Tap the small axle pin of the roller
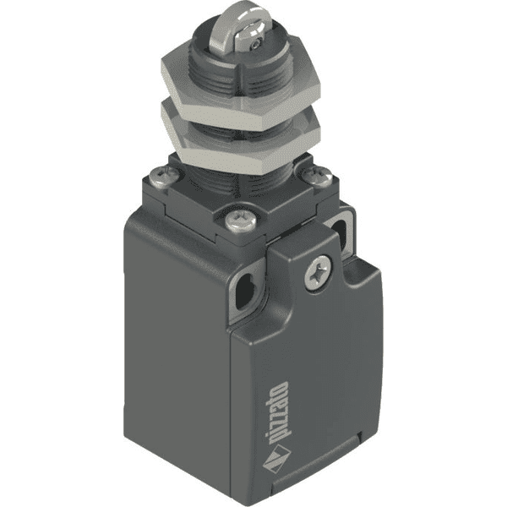click(257, 44)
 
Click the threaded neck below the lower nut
click(239, 184)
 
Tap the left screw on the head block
click(164, 177)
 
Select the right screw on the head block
click(317, 177)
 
